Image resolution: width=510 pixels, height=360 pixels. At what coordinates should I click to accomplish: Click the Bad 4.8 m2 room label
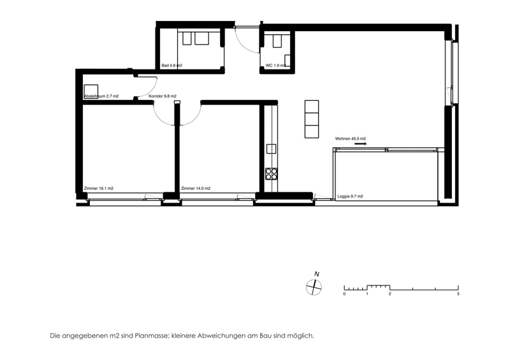pos(171,66)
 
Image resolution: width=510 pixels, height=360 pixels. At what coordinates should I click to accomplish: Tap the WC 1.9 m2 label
pos(275,66)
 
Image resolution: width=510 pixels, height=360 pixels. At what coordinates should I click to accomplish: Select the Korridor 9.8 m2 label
pos(163,96)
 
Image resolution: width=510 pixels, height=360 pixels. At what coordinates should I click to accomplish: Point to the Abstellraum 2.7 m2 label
pos(101,96)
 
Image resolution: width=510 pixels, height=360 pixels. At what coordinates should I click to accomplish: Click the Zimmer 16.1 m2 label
pos(99,189)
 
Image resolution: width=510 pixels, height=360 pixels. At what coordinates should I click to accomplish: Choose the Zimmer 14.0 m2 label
pos(196,189)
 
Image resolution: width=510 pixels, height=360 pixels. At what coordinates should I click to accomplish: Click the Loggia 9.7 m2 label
pos(350,196)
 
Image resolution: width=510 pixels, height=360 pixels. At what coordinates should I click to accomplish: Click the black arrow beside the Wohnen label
pos(360,143)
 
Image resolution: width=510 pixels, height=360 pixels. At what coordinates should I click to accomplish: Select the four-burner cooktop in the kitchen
pos(272,174)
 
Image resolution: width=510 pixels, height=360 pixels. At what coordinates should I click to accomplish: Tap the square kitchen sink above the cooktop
pos(272,148)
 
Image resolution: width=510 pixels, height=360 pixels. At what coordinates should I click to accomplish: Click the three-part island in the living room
pos(312,119)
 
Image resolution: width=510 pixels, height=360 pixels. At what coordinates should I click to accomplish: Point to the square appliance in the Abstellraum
pos(91,91)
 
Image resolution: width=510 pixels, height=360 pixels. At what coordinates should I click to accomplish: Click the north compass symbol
pos(314,287)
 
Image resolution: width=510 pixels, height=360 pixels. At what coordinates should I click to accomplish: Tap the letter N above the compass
pos(316,274)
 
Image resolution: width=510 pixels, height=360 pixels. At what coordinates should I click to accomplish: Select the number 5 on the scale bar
pos(458,294)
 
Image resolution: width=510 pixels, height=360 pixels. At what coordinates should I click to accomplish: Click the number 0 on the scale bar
pos(344,294)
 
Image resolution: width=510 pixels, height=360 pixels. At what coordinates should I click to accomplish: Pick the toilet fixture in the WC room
pos(277,41)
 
